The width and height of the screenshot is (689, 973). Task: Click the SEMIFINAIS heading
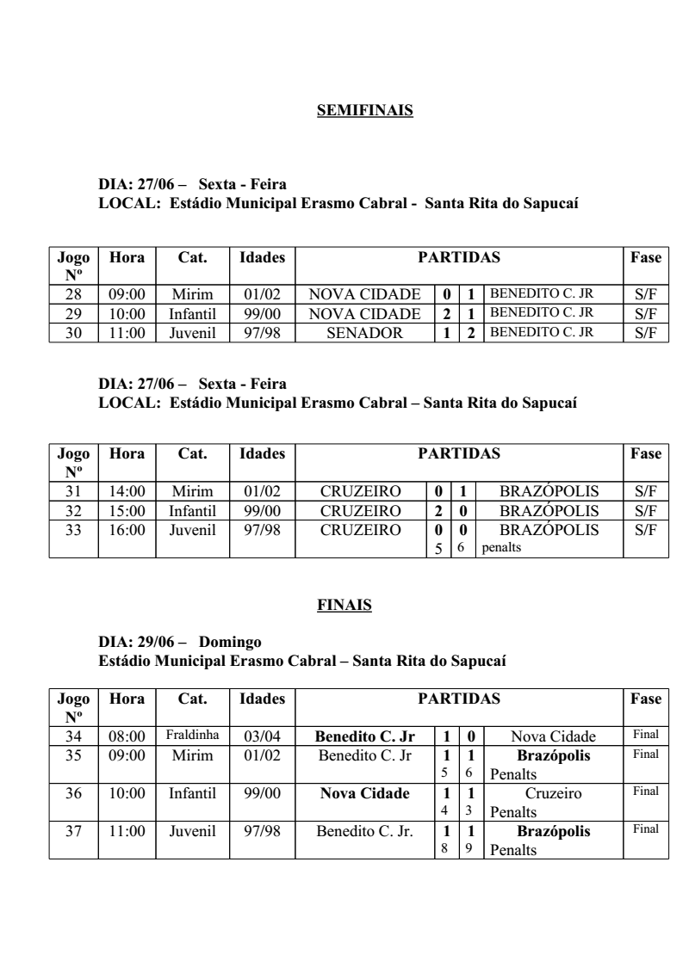[x=365, y=110]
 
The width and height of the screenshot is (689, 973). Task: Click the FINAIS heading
[x=344, y=607]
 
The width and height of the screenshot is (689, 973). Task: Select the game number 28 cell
[x=73, y=293]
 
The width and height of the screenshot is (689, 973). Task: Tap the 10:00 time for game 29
[x=127, y=314]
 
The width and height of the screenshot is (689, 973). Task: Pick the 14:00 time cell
[x=127, y=492]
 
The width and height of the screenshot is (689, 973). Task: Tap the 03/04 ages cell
[x=262, y=736]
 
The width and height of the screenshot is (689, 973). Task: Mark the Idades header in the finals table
[x=262, y=700]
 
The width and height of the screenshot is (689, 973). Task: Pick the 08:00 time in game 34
[x=127, y=736]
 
